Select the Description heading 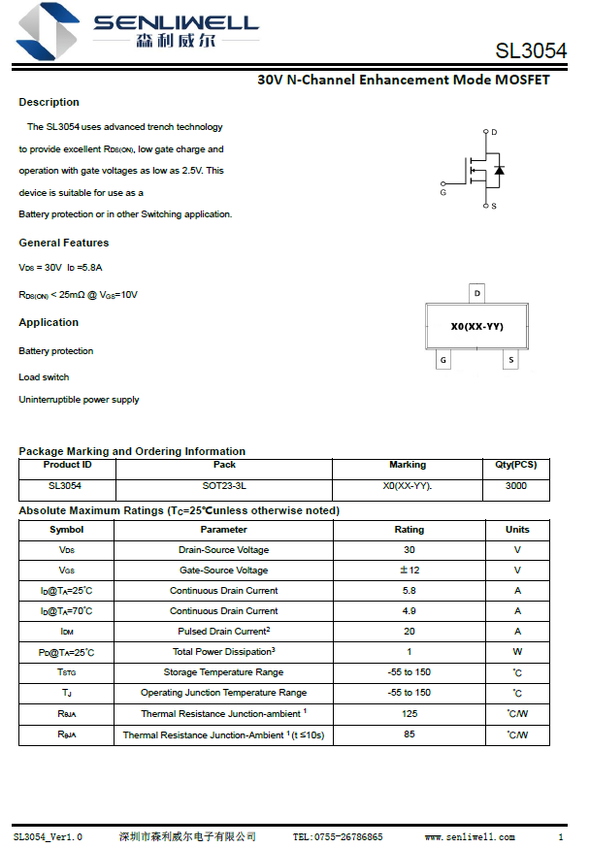pos(49,102)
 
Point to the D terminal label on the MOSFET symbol pos(494,132)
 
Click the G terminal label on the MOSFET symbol pos(442,192)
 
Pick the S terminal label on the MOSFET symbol pos(494,206)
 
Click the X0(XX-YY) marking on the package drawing pos(476,327)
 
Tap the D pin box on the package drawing pos(476,293)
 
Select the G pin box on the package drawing pos(443,360)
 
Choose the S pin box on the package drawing pos(510,360)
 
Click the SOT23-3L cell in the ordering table pos(224,485)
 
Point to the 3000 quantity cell pos(516,485)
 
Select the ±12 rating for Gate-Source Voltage pos(409,571)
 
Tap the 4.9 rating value pos(409,611)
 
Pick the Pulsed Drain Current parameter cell pos(223,632)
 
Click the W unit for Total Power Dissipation pos(517,652)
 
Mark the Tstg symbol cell pos(66,672)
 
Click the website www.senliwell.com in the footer pos(470,836)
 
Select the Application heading pos(49,322)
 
